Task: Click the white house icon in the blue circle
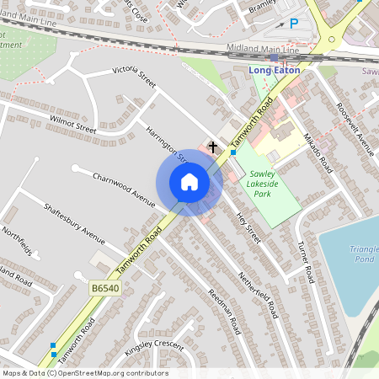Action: click(x=189, y=182)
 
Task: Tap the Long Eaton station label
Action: click(x=275, y=70)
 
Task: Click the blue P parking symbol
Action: click(x=294, y=24)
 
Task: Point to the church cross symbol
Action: click(x=212, y=148)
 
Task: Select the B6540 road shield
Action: click(x=107, y=288)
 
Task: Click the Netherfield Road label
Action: click(x=258, y=294)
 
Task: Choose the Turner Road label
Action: click(x=306, y=260)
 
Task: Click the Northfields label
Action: click(x=16, y=241)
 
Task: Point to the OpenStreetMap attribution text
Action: click(x=85, y=373)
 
